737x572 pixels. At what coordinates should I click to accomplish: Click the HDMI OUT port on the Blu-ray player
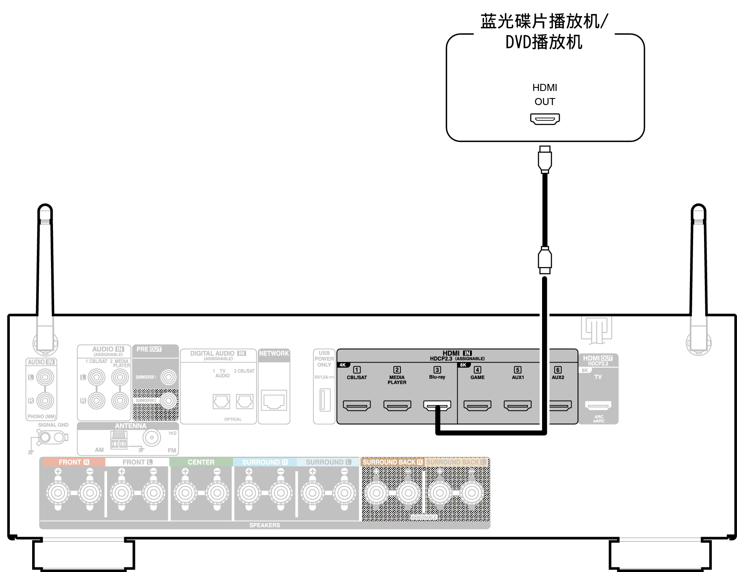544,118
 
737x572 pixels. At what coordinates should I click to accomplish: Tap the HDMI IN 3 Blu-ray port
437,405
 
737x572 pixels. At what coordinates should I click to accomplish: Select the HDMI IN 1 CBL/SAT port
357,405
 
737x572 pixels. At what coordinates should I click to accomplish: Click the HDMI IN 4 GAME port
477,405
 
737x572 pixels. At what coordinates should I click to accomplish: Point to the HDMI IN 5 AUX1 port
517,405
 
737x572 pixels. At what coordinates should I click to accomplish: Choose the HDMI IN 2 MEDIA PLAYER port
397,405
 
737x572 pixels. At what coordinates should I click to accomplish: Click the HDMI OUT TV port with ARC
598,405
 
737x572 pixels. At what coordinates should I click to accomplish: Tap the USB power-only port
325,400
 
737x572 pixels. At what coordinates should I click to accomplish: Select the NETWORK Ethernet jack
274,400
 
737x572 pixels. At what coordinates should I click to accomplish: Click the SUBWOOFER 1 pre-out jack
169,377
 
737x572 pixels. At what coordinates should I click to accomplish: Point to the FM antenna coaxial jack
151,438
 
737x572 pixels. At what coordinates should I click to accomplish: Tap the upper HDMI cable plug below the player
544,160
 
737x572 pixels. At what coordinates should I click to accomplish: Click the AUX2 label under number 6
557,378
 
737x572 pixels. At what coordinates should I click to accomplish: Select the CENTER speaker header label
201,462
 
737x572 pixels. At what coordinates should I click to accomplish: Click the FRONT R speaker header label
74,462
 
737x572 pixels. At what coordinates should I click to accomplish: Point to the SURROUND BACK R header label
392,462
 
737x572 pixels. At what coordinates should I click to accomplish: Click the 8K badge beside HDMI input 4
463,365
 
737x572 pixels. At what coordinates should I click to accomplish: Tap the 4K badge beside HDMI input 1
342,365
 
